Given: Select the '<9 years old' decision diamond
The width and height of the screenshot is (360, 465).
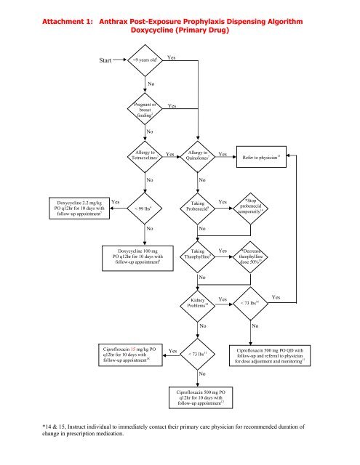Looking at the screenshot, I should coord(148,62).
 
